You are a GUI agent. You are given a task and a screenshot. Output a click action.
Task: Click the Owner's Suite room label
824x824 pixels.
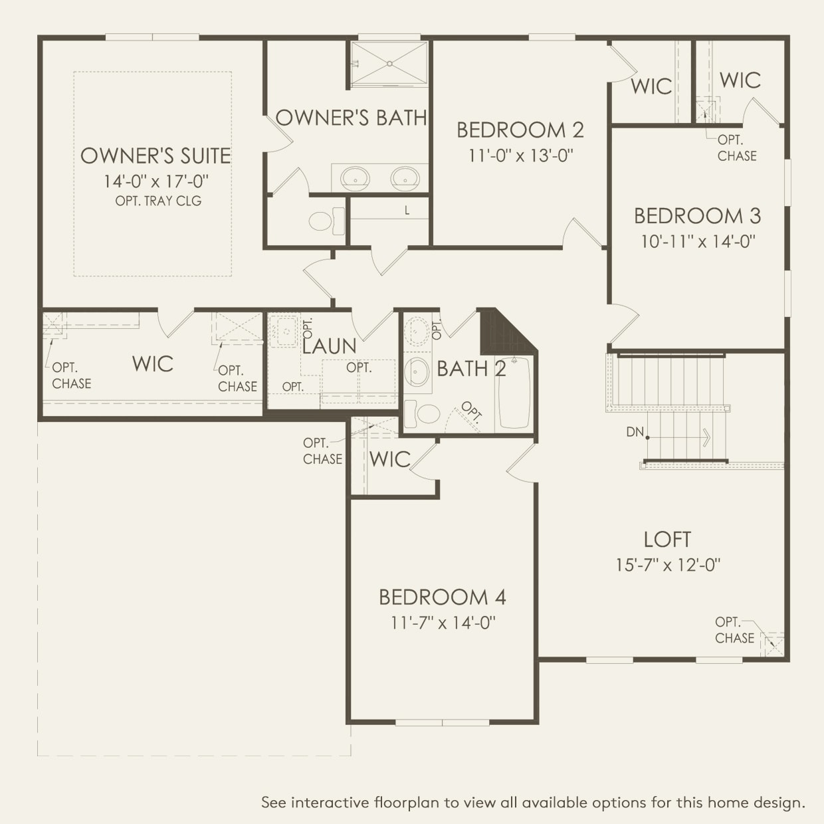[155, 155]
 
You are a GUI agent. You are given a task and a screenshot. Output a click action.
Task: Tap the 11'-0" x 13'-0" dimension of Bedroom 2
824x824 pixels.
[520, 155]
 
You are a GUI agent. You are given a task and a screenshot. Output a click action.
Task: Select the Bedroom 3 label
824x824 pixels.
[698, 216]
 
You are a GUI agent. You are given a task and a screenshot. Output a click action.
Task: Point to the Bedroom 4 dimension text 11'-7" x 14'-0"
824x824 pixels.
[443, 623]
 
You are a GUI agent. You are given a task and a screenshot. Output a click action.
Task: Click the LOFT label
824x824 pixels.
[667, 540]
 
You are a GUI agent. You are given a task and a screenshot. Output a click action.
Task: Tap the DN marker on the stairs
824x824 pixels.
[635, 432]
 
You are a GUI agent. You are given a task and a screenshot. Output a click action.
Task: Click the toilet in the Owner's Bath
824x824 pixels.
[327, 221]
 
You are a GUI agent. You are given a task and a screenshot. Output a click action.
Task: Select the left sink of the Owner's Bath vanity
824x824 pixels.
[355, 178]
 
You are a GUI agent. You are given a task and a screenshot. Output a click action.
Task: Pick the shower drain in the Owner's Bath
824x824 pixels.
[389, 64]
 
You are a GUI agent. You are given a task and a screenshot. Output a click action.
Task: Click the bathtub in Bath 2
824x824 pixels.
[514, 393]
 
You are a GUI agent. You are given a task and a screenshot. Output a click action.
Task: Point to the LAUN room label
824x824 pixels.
[329, 346]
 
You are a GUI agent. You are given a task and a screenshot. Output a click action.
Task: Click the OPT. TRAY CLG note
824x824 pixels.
[158, 201]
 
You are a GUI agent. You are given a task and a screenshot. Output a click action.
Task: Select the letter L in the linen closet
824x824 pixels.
[407, 211]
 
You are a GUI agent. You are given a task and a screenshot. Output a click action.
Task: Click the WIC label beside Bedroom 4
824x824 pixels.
[389, 460]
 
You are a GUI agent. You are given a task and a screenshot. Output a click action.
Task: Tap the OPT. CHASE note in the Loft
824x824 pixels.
[734, 630]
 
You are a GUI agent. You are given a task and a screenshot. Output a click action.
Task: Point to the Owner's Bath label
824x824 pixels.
[351, 118]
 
